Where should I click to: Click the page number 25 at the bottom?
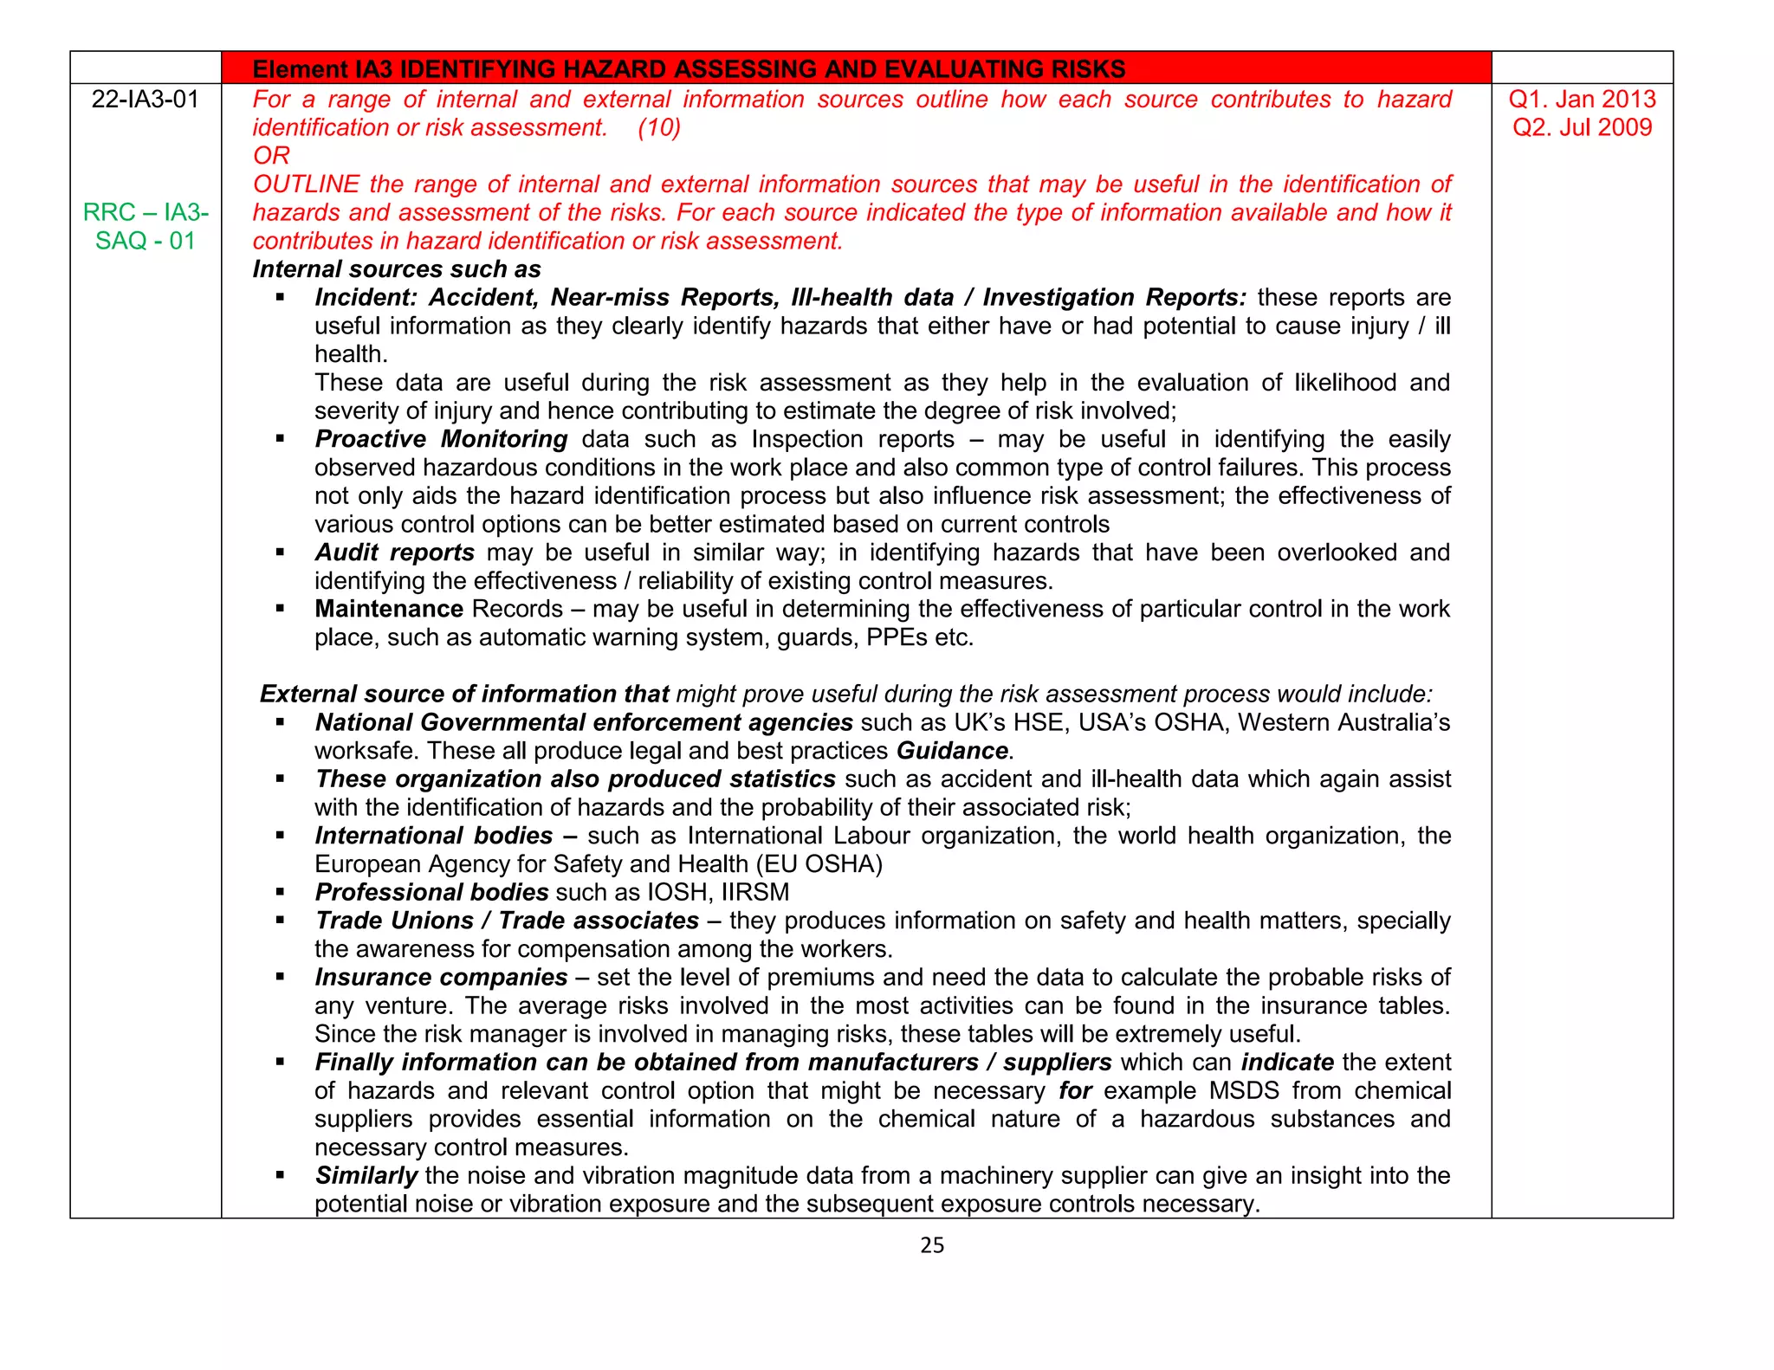932,1245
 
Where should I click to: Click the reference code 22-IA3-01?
146,100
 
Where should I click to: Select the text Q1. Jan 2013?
1582,100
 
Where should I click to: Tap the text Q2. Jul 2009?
1582,128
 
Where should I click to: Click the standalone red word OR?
271,156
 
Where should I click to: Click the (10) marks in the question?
659,128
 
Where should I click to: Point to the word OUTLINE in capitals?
306,184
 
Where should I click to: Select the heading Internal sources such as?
397,269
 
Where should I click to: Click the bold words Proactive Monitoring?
441,439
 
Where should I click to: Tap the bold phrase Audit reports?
394,553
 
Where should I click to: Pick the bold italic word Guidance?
952,751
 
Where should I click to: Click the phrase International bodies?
433,836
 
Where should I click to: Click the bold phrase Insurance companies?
441,977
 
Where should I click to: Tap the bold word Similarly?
366,1175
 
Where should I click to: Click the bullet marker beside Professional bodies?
280,892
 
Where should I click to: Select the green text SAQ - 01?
146,241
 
